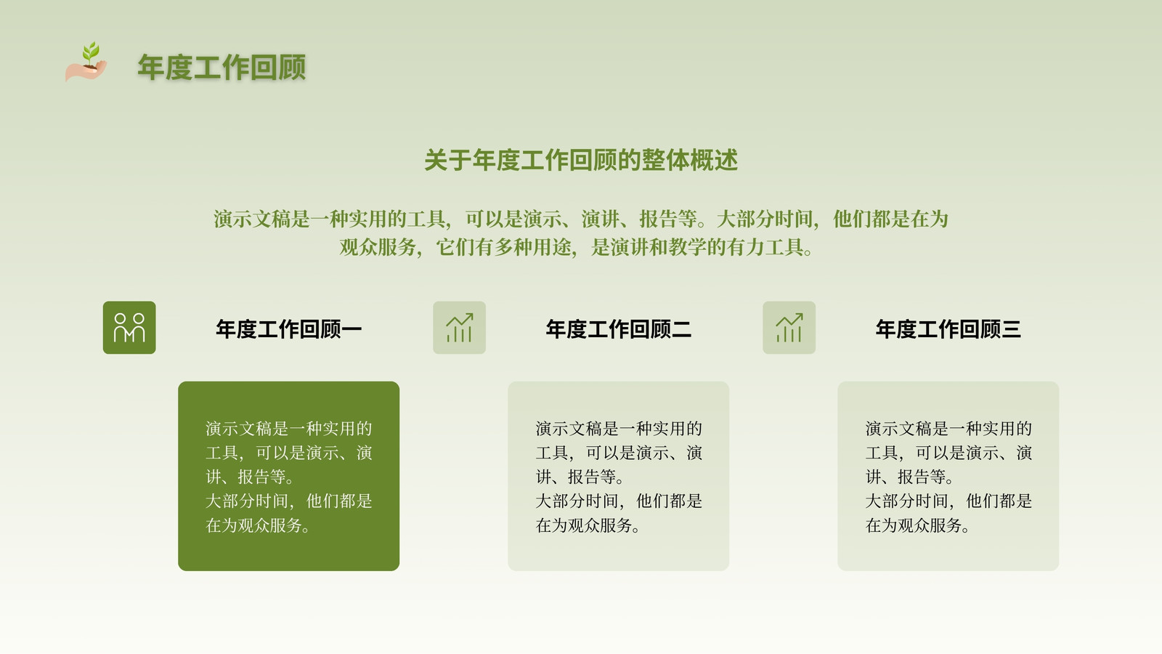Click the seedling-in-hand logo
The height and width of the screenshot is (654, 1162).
pos(86,62)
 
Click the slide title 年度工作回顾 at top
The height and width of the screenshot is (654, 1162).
pos(222,68)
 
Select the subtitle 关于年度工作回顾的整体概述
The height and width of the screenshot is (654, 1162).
pos(581,160)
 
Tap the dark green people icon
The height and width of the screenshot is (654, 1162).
pos(129,328)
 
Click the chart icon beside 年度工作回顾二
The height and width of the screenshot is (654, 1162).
pos(460,328)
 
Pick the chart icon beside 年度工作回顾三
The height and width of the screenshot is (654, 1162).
pos(789,328)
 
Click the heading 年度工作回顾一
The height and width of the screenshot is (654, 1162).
pos(288,329)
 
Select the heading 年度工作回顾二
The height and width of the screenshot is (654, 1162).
pos(618,329)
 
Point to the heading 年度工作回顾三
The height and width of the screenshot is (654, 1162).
pos(948,329)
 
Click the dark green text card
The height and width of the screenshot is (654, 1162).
pos(288,476)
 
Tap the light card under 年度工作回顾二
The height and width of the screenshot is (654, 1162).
pos(618,476)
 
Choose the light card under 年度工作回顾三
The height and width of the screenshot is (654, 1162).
pos(948,476)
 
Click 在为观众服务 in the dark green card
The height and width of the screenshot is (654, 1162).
pos(253,525)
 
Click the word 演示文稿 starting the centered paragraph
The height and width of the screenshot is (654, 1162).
pos(251,219)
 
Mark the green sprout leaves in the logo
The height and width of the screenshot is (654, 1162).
pos(92,51)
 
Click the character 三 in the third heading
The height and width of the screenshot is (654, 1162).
pos(1011,329)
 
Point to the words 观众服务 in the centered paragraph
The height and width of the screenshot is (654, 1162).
pos(378,247)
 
